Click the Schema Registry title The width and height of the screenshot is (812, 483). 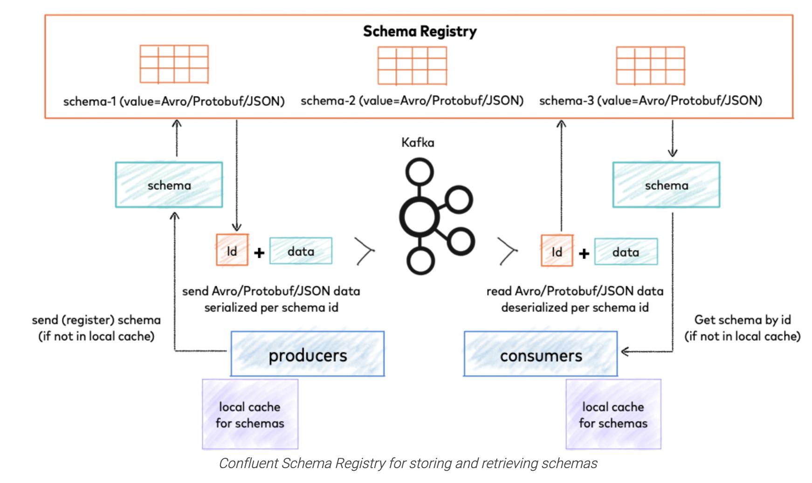tap(420, 31)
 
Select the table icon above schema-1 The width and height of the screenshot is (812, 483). tap(174, 64)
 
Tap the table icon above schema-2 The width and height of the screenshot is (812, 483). tap(412, 65)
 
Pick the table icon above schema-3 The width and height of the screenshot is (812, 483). tap(650, 65)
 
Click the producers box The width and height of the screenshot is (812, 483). tap(308, 354)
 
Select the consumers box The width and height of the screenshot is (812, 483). tap(541, 354)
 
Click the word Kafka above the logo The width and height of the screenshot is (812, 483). tap(418, 142)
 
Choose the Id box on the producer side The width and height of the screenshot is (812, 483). tap(232, 250)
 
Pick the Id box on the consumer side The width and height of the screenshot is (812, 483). tap(557, 251)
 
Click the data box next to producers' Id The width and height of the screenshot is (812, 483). tap(301, 251)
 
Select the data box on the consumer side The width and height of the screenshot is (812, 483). tap(626, 252)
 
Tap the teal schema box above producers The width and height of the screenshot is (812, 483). tap(169, 185)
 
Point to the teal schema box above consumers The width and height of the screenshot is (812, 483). tap(666, 185)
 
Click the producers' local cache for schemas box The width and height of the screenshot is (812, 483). tap(250, 414)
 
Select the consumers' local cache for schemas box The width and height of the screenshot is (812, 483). tap(613, 414)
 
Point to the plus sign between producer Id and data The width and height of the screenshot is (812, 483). tap(259, 253)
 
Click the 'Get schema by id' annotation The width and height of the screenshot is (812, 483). tap(742, 328)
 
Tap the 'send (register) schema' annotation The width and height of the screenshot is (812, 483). tap(96, 328)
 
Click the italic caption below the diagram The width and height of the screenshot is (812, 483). tap(408, 463)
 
